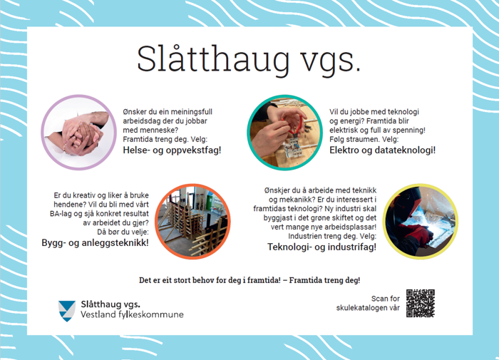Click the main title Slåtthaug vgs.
(249, 60)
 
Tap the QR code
(420, 303)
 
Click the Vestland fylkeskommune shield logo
(67, 309)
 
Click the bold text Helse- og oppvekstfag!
(172, 151)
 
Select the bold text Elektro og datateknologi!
(382, 151)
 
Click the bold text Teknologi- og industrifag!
(321, 247)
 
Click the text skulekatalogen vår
(365, 308)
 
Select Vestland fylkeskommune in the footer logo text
(132, 314)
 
